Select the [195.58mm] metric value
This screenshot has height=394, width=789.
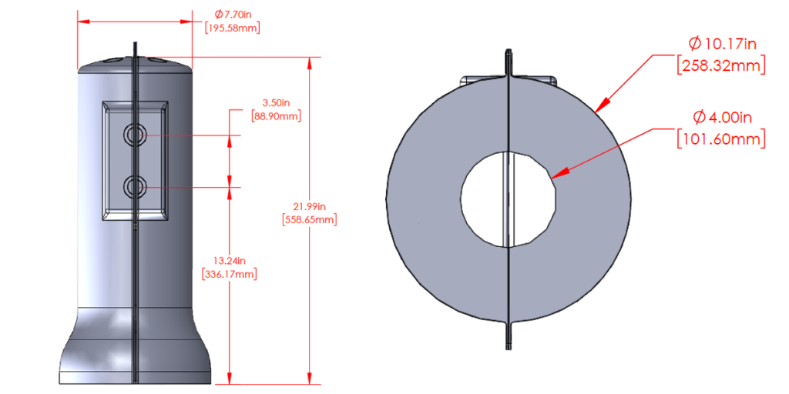tap(233, 28)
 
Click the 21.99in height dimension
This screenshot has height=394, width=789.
tap(311, 205)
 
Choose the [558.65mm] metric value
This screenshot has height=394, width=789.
tap(311, 219)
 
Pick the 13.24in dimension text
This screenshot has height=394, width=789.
tap(229, 259)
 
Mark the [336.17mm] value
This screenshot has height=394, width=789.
tap(229, 273)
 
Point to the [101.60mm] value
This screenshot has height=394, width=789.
tap(721, 139)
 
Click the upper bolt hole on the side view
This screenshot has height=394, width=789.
tap(136, 135)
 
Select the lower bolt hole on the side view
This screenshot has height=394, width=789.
tap(136, 187)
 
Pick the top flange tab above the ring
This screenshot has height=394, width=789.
tap(509, 62)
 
